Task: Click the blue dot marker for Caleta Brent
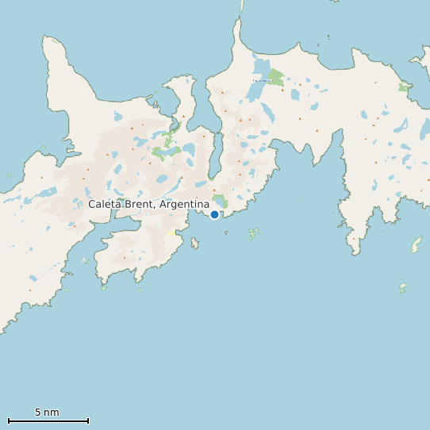214,214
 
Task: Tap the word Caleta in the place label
105,204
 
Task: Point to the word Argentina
185,204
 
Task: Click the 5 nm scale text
47,413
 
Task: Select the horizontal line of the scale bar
48,420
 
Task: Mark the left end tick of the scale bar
8,420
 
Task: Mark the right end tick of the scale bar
88,420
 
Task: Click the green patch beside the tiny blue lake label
275,77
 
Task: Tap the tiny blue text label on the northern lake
260,80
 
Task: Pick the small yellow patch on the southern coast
171,232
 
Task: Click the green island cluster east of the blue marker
253,233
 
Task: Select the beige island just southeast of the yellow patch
194,242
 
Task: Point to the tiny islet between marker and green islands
226,232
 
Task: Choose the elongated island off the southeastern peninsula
416,244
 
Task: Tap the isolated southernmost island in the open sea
403,287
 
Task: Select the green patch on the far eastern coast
404,87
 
